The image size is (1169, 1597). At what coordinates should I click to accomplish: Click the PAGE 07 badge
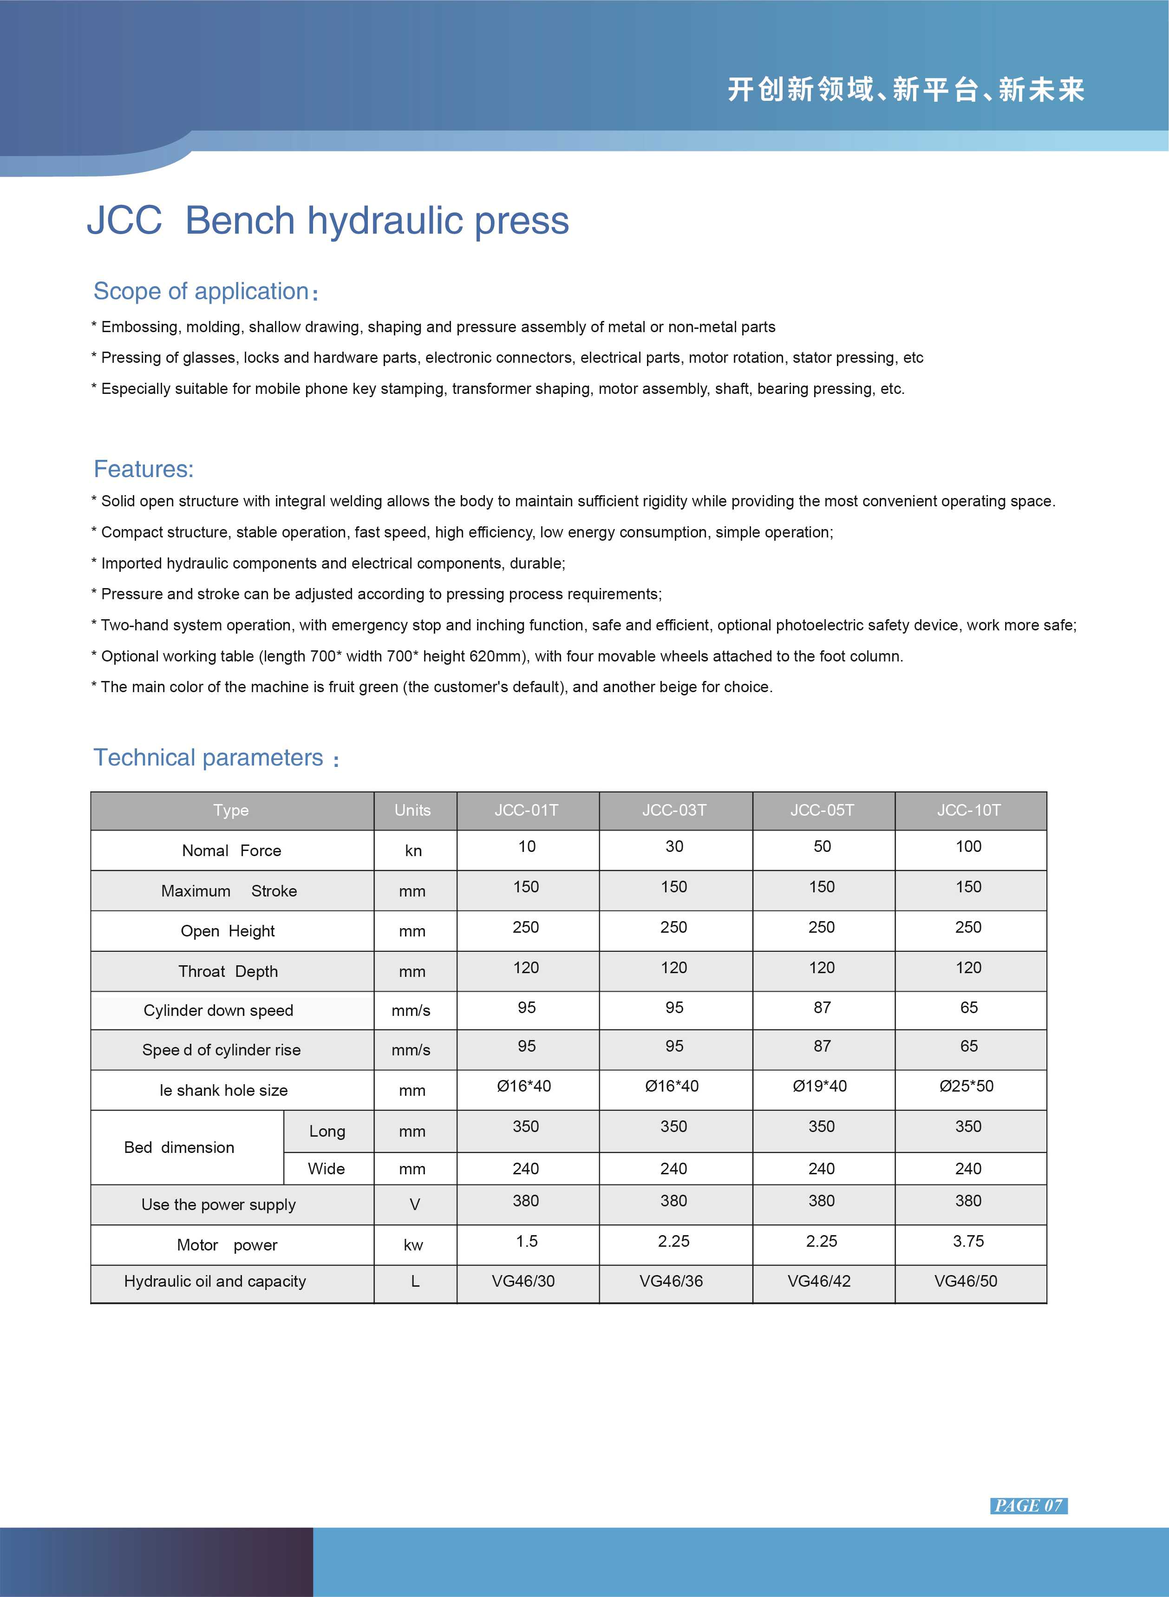point(1028,1505)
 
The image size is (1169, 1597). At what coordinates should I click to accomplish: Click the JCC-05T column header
point(822,810)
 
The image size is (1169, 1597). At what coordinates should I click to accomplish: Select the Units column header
point(412,810)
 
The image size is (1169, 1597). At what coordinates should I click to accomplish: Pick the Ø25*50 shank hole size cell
point(966,1086)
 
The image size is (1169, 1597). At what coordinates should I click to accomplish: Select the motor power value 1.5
point(527,1241)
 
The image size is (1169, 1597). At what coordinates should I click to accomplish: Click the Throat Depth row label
point(228,971)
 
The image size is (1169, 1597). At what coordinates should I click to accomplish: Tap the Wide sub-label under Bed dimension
point(326,1168)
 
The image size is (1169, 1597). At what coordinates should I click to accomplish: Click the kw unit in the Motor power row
point(413,1245)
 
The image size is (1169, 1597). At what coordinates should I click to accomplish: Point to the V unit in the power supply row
point(415,1204)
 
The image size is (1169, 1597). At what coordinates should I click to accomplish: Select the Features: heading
point(144,469)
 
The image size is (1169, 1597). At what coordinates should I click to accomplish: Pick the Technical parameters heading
point(209,757)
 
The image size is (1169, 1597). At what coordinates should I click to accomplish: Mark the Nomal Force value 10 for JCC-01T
point(527,846)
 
